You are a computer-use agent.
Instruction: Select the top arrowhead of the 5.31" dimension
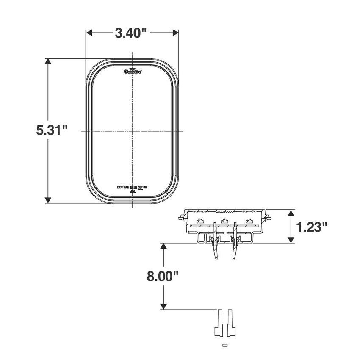48,62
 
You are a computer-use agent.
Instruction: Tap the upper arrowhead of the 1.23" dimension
291,213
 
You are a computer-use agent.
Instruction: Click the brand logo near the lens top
133,72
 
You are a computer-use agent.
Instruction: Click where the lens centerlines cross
133,131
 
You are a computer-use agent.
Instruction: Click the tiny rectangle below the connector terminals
225,345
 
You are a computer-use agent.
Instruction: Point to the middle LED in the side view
225,220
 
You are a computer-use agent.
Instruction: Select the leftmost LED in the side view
200,220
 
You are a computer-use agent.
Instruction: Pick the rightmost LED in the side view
250,220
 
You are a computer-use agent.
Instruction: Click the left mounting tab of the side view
181,218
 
